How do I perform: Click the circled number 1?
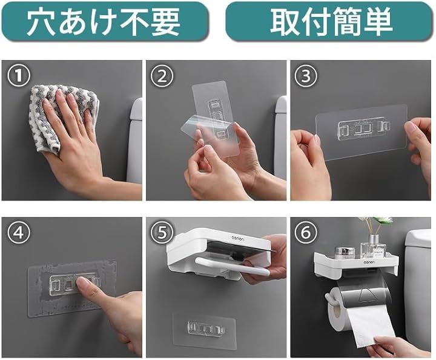coord(19,76)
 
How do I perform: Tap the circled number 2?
coord(162,76)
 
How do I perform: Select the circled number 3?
coord(306,76)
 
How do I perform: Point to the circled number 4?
coord(19,233)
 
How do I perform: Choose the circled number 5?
coord(162,233)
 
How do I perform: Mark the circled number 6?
coord(306,233)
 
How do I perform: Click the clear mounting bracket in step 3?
coord(362,128)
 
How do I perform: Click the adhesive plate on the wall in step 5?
coord(205,330)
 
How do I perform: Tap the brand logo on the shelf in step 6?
coord(369,262)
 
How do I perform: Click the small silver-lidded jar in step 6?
coord(343,253)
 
